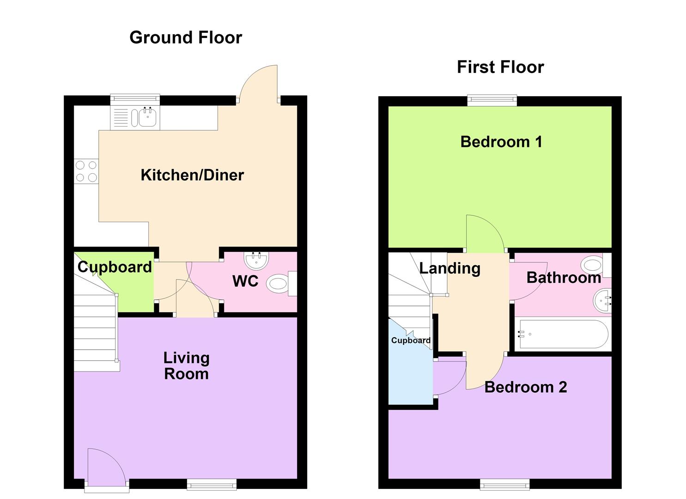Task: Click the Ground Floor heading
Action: coord(186,38)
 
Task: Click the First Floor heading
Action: coord(500,67)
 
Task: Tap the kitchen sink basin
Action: coord(148,118)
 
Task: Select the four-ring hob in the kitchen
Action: coord(86,171)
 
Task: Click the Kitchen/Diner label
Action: coord(192,175)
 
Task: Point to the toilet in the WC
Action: coord(281,283)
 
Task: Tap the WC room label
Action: coord(245,281)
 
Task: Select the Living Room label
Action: coord(187,366)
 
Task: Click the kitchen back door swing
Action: coord(258,83)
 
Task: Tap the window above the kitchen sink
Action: coord(135,97)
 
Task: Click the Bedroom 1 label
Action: coord(501,142)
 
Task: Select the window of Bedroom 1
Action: coord(492,101)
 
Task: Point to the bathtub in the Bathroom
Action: coord(563,334)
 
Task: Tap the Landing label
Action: coord(449,268)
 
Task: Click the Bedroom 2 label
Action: coord(526,387)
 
